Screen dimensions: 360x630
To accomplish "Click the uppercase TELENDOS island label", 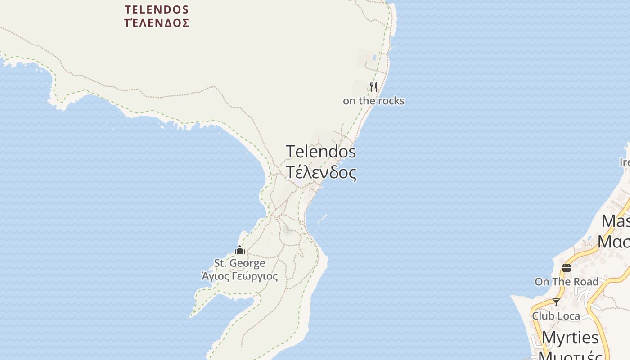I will pyautogui.click(x=157, y=9).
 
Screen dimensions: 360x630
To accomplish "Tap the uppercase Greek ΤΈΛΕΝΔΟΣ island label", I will pyautogui.click(x=157, y=23).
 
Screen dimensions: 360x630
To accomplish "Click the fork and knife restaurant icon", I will pyautogui.click(x=373, y=87).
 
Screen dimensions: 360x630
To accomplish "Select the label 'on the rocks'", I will pyautogui.click(x=373, y=101).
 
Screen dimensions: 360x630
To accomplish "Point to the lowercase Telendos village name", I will pyautogui.click(x=321, y=152).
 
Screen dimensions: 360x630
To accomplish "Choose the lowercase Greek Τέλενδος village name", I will pyautogui.click(x=321, y=172).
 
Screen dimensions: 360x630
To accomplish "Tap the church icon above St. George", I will pyautogui.click(x=240, y=250).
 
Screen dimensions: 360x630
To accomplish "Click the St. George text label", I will pyautogui.click(x=239, y=263).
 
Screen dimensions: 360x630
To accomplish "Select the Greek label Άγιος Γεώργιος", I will pyautogui.click(x=239, y=276).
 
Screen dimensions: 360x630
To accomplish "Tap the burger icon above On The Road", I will pyautogui.click(x=567, y=268).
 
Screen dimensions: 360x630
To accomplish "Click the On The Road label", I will pyautogui.click(x=567, y=282).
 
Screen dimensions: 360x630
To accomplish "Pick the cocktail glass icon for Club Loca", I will pyautogui.click(x=556, y=302).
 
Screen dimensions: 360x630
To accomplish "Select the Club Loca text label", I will pyautogui.click(x=556, y=316).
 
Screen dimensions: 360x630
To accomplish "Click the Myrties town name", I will pyautogui.click(x=570, y=337).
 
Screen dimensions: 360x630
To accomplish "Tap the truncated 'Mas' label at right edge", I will pyautogui.click(x=616, y=221).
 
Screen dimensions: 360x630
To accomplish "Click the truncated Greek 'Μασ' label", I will pyautogui.click(x=614, y=242).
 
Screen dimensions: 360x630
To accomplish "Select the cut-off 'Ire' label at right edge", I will pyautogui.click(x=625, y=162).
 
